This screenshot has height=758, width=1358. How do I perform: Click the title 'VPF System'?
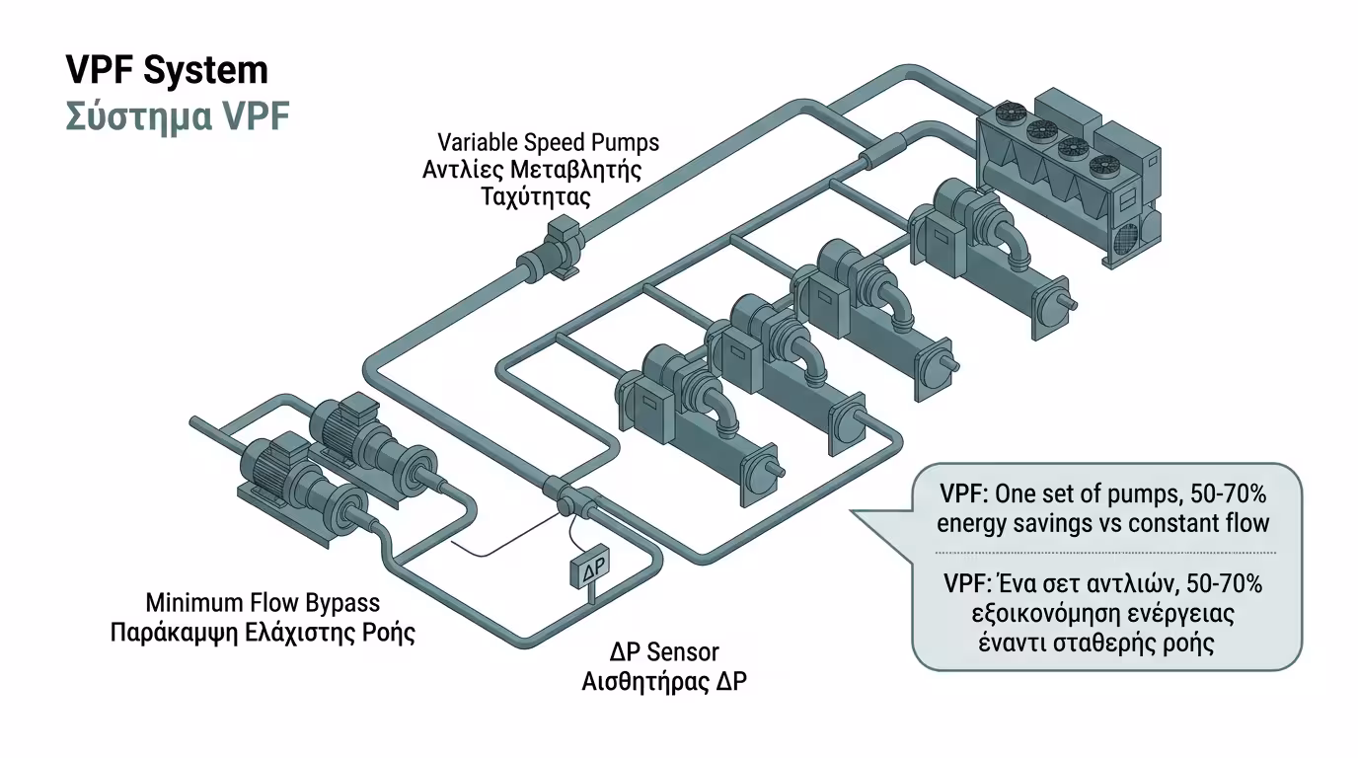(x=166, y=71)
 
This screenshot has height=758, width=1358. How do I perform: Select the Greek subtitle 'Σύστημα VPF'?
(x=178, y=116)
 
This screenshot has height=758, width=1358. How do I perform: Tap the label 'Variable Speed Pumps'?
(x=548, y=142)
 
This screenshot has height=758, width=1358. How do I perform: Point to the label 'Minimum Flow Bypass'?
(x=263, y=602)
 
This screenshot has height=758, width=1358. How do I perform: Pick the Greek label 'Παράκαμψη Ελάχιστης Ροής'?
(x=263, y=632)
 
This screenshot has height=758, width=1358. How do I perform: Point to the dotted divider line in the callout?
(x=1105, y=552)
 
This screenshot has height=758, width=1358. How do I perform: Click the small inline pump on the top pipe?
(x=553, y=254)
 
